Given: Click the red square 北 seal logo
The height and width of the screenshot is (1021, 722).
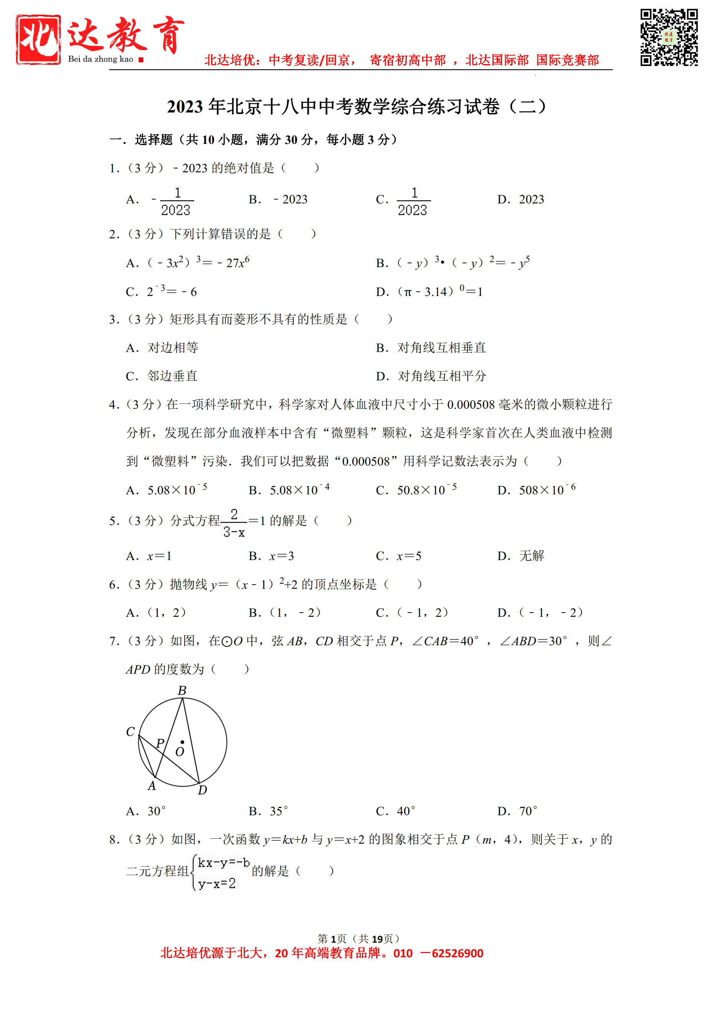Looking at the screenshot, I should [38, 40].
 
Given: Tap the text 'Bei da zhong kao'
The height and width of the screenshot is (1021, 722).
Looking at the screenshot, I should [101, 59].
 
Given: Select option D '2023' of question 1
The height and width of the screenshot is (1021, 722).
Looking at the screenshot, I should [531, 199].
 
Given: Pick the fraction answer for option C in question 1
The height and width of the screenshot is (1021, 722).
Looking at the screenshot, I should [413, 201].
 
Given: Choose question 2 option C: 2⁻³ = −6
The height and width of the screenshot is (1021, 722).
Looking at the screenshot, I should [172, 291].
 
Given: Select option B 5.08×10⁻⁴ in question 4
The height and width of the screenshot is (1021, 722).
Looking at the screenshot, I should [299, 490].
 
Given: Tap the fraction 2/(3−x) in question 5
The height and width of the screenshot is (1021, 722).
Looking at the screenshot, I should [234, 523].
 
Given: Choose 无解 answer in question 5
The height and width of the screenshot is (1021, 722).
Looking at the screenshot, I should [531, 556].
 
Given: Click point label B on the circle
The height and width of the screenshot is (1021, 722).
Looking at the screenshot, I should [182, 691].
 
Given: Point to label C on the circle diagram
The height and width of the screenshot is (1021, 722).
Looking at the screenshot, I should [130, 732].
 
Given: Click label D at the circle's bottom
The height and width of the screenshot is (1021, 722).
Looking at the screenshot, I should [202, 790].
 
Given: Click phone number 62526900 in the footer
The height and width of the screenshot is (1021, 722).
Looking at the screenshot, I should [457, 953].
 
